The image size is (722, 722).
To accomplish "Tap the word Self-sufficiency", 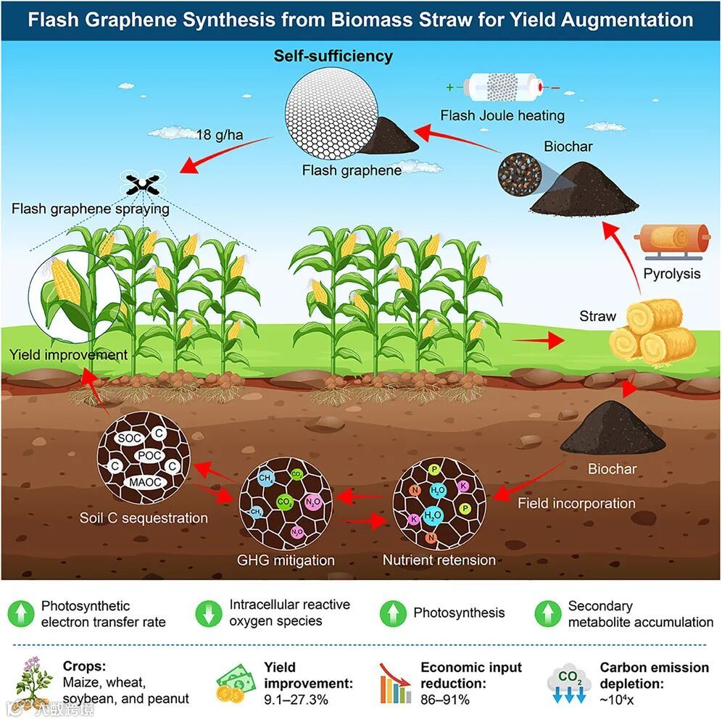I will click(x=333, y=56).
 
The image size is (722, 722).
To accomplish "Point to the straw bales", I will click(x=652, y=331).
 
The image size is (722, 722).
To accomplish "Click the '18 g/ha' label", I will click(x=214, y=134).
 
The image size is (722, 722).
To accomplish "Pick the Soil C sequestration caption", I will click(x=144, y=518).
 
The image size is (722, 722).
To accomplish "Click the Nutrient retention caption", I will click(x=439, y=560).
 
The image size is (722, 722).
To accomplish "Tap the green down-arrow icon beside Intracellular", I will click(x=207, y=613).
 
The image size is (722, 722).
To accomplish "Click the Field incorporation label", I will click(x=576, y=503).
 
